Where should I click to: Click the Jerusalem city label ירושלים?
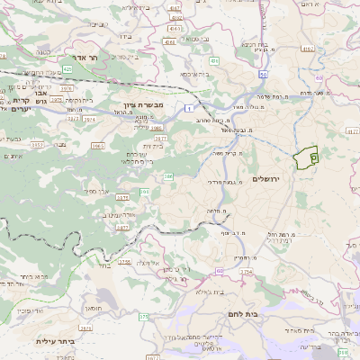pyautogui.click(x=268, y=180)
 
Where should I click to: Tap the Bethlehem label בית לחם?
pyautogui.click(x=238, y=313)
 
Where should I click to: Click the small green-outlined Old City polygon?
pyautogui.click(x=307, y=157)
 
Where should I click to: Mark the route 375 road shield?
pyautogui.click(x=143, y=316)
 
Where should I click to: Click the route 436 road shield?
pyautogui.click(x=171, y=41)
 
